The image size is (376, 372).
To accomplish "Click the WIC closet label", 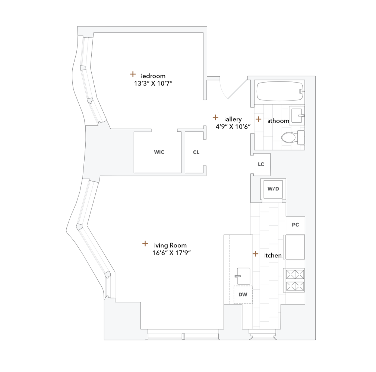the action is click(x=159, y=152).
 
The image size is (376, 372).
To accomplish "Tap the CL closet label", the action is click(x=196, y=152).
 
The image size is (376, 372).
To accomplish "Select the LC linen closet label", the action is click(x=261, y=164).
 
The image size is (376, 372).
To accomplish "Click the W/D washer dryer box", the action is click(x=273, y=189).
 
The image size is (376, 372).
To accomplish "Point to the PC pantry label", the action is click(x=295, y=225).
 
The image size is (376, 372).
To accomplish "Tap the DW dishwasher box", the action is click(x=243, y=295).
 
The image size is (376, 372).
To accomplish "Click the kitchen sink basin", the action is click(x=243, y=276).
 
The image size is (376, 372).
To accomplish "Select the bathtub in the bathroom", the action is click(x=279, y=91).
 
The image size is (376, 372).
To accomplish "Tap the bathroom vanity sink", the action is click(x=297, y=115).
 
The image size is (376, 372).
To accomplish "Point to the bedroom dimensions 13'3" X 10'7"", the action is click(x=153, y=84).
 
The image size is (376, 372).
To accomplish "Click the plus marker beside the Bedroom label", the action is click(x=133, y=74).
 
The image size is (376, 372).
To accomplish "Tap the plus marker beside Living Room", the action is click(x=145, y=244).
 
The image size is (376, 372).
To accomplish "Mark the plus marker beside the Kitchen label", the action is click(x=255, y=254).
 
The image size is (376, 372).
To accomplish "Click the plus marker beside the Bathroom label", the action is click(x=258, y=119).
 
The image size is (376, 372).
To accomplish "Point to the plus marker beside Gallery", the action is click(x=215, y=117).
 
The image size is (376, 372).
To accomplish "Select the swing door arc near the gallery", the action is click(x=224, y=91).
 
